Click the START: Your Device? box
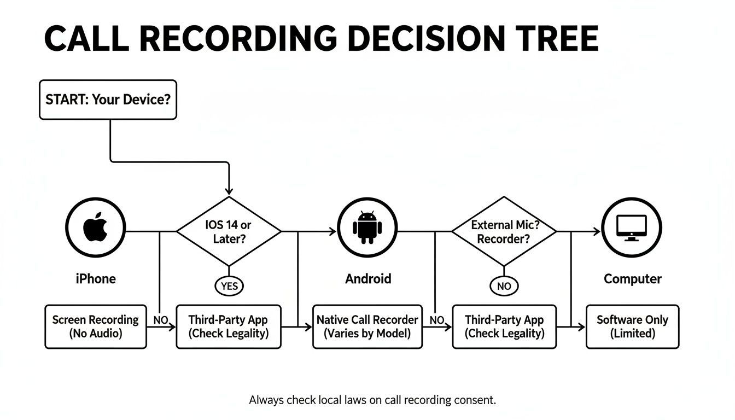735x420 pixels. click(x=108, y=100)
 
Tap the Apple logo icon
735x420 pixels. click(x=96, y=227)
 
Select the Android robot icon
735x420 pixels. click(x=367, y=227)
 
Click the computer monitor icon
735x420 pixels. click(x=631, y=227)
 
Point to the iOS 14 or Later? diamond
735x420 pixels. click(x=229, y=231)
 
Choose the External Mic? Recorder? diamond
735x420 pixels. click(x=504, y=231)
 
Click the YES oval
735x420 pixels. click(x=229, y=285)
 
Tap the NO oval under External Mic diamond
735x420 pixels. click(x=504, y=285)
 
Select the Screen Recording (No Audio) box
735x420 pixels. click(x=96, y=326)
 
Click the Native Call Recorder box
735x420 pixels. click(x=367, y=326)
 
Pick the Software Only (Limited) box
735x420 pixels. click(x=632, y=326)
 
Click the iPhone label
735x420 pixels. click(x=96, y=279)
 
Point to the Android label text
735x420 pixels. click(x=368, y=279)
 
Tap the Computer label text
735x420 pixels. click(x=632, y=279)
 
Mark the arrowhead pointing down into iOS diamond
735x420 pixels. click(x=229, y=190)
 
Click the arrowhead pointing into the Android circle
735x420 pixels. click(x=332, y=231)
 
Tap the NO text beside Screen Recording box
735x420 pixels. click(x=161, y=320)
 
